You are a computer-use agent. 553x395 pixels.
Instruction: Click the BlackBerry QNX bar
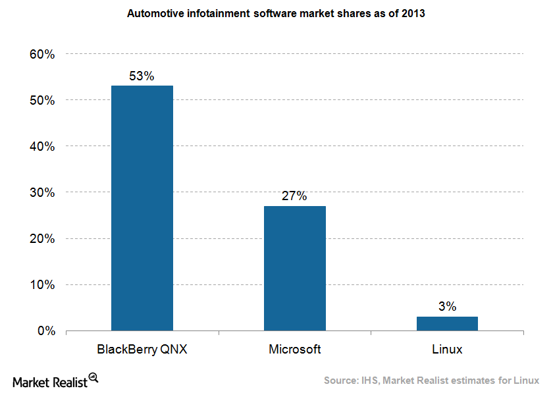click(x=142, y=208)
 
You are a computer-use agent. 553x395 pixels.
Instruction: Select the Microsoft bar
click(x=295, y=268)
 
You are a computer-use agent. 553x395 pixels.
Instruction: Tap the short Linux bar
click(x=447, y=323)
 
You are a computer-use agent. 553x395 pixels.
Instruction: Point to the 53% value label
click(x=142, y=76)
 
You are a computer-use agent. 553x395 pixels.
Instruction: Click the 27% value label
click(x=295, y=196)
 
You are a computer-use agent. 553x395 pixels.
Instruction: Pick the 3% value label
click(x=447, y=307)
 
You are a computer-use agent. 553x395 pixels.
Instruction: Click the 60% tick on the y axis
click(x=41, y=54)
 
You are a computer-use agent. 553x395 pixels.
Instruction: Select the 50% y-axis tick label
click(x=41, y=100)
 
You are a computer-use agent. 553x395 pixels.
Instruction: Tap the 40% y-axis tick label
click(x=41, y=146)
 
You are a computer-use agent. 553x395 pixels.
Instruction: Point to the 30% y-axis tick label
click(x=41, y=192)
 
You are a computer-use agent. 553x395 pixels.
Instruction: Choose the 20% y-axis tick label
click(x=41, y=238)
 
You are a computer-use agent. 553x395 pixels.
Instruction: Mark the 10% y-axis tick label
click(x=41, y=284)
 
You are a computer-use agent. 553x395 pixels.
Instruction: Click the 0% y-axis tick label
click(x=45, y=330)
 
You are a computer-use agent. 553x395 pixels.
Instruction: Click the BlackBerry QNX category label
click(x=142, y=350)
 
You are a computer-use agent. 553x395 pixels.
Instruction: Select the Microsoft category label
click(x=295, y=350)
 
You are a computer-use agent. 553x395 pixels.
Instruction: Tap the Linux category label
click(x=447, y=350)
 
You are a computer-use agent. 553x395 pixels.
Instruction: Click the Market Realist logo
click(x=55, y=381)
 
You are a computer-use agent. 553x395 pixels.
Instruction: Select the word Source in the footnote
click(x=342, y=381)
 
